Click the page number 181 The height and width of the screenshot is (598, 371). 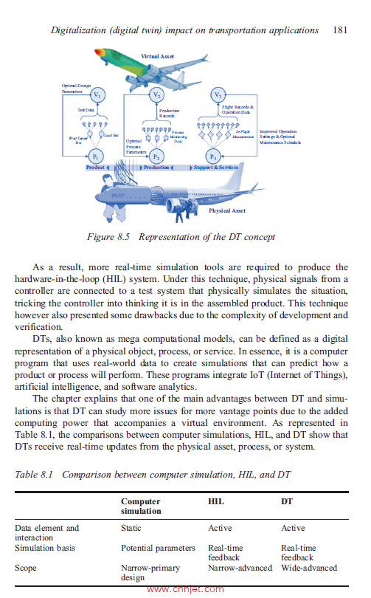click(340, 30)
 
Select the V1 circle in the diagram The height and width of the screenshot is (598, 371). click(97, 96)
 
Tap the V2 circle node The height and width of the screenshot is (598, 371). click(156, 96)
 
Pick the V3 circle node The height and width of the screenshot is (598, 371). click(218, 96)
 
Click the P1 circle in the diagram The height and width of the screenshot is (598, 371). click(97, 156)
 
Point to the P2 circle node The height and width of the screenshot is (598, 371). click(156, 157)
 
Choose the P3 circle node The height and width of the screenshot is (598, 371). click(213, 157)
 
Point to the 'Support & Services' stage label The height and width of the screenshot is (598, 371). click(215, 168)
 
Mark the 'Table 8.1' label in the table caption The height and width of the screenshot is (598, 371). click(35, 475)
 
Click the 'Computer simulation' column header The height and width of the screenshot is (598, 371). click(141, 506)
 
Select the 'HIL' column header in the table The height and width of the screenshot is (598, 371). click(216, 501)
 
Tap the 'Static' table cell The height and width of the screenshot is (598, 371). click(131, 528)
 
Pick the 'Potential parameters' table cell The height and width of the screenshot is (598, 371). click(158, 548)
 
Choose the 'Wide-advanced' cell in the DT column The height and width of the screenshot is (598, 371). click(309, 568)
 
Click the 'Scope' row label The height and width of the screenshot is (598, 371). click(27, 568)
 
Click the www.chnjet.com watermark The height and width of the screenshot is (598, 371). click(185, 589)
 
